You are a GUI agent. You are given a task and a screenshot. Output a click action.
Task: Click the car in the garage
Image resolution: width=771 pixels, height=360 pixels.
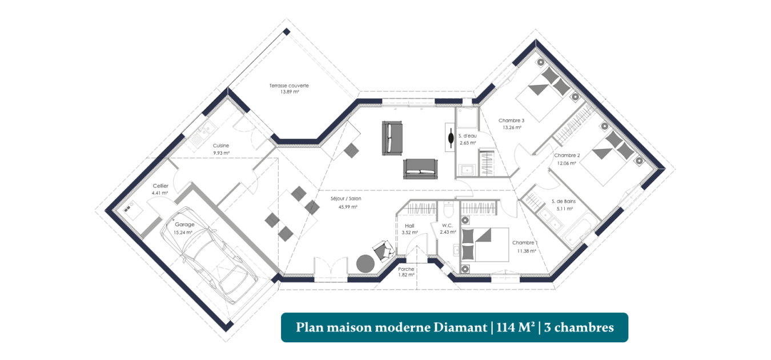click(x=209, y=255)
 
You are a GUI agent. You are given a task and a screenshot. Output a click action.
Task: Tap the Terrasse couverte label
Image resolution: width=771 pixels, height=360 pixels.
click(x=289, y=86)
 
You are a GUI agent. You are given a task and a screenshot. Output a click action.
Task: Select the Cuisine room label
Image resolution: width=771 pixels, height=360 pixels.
click(x=220, y=146)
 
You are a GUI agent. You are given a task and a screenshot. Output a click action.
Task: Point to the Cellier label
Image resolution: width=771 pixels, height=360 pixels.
click(x=160, y=186)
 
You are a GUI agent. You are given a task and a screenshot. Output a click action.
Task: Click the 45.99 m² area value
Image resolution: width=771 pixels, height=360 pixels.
click(x=348, y=207)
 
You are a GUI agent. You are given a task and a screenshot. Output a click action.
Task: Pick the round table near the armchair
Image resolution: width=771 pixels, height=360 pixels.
click(x=365, y=263)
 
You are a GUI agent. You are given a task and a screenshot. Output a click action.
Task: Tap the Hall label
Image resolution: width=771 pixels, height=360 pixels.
click(x=409, y=226)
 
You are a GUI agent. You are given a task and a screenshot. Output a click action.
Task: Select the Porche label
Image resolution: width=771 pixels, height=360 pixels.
click(x=406, y=269)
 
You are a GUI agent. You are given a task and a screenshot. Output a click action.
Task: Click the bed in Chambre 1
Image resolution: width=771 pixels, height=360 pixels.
click(x=485, y=245)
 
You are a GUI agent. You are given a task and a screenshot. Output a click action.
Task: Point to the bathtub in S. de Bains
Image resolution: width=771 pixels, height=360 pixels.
click(x=581, y=229)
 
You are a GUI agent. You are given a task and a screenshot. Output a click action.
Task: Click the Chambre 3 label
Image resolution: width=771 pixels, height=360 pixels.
click(x=511, y=121)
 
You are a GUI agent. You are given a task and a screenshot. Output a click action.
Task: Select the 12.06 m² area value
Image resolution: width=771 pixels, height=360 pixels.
click(x=567, y=163)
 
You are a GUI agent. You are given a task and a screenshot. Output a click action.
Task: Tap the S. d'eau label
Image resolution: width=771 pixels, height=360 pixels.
click(x=467, y=136)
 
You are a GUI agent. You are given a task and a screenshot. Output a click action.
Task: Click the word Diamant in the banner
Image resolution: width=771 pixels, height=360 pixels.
click(x=460, y=327)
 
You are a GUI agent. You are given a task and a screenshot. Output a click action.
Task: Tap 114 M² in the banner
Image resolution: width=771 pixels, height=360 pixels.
click(x=516, y=327)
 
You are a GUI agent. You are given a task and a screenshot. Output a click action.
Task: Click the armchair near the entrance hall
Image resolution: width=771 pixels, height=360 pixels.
click(x=383, y=250)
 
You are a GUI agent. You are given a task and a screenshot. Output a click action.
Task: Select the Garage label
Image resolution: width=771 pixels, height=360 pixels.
click(x=184, y=224)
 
